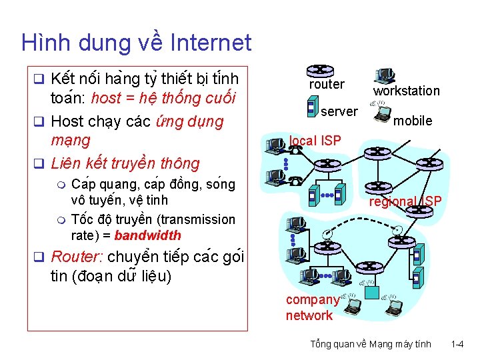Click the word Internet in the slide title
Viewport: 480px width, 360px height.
coord(211,43)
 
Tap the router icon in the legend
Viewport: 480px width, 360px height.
coord(321,70)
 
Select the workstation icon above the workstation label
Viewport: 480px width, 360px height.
coord(385,75)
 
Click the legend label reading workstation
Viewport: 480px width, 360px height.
coord(406,91)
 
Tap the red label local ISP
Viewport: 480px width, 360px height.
coord(315,141)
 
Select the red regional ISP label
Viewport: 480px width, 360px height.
coord(405,201)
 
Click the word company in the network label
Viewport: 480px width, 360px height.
coord(312,300)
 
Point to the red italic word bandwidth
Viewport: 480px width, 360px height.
coord(147,235)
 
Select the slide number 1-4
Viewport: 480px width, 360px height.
coord(457,344)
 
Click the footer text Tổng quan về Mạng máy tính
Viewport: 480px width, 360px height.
coord(371,344)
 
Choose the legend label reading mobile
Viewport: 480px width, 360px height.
coord(413,121)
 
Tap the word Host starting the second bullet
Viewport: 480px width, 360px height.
coord(66,122)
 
